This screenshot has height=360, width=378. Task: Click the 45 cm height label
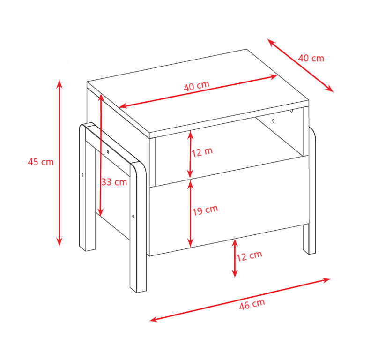[41, 162]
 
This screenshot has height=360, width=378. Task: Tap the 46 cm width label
[252, 304]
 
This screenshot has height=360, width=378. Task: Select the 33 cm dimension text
[114, 182]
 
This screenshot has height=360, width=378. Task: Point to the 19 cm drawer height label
[205, 210]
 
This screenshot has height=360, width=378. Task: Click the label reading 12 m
[202, 152]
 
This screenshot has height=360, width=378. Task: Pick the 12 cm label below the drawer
[249, 256]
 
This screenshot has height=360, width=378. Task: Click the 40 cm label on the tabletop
[196, 86]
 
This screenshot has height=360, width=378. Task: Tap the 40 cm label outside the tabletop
[311, 58]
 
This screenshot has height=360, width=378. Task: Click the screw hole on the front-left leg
[133, 216]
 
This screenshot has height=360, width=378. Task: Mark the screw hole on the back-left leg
[82, 174]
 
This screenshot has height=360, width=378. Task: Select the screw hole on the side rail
[108, 152]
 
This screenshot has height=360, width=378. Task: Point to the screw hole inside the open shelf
[274, 120]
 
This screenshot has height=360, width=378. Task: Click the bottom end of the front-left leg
[138, 290]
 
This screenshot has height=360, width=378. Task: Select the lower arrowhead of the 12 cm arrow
[235, 273]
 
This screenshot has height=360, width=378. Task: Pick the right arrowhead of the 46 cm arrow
[326, 280]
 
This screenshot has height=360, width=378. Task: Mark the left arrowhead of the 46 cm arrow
[154, 319]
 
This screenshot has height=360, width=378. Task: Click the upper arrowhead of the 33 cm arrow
[101, 97]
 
